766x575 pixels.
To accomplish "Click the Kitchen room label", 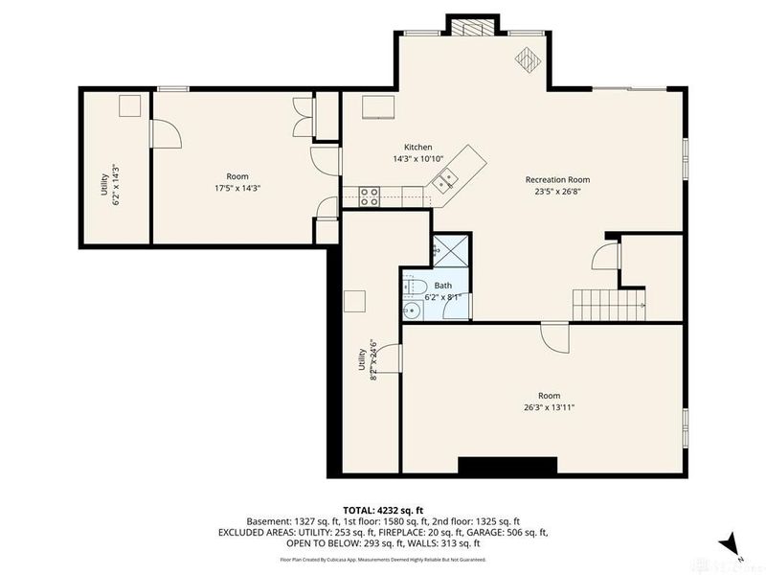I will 417,147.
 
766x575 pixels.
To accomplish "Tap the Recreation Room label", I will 557,179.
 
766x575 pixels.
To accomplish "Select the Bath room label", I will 443,286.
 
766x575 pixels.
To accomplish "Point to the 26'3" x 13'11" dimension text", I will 549,407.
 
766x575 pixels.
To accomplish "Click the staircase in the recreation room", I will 607,304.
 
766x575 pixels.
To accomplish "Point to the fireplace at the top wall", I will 473,26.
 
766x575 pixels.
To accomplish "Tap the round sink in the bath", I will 410,310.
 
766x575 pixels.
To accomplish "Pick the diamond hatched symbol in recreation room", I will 528,59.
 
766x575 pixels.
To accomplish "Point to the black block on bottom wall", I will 507,467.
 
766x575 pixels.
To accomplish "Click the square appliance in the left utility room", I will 129,105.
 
